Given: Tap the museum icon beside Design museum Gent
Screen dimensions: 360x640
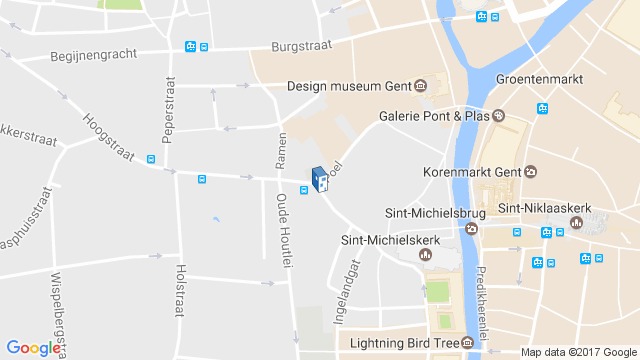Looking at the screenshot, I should [421, 85].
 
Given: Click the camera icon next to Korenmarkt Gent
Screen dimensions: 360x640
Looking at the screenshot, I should [530, 171].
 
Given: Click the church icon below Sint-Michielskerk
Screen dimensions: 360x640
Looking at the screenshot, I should [424, 254].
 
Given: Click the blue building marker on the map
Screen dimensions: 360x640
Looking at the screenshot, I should [320, 179].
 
